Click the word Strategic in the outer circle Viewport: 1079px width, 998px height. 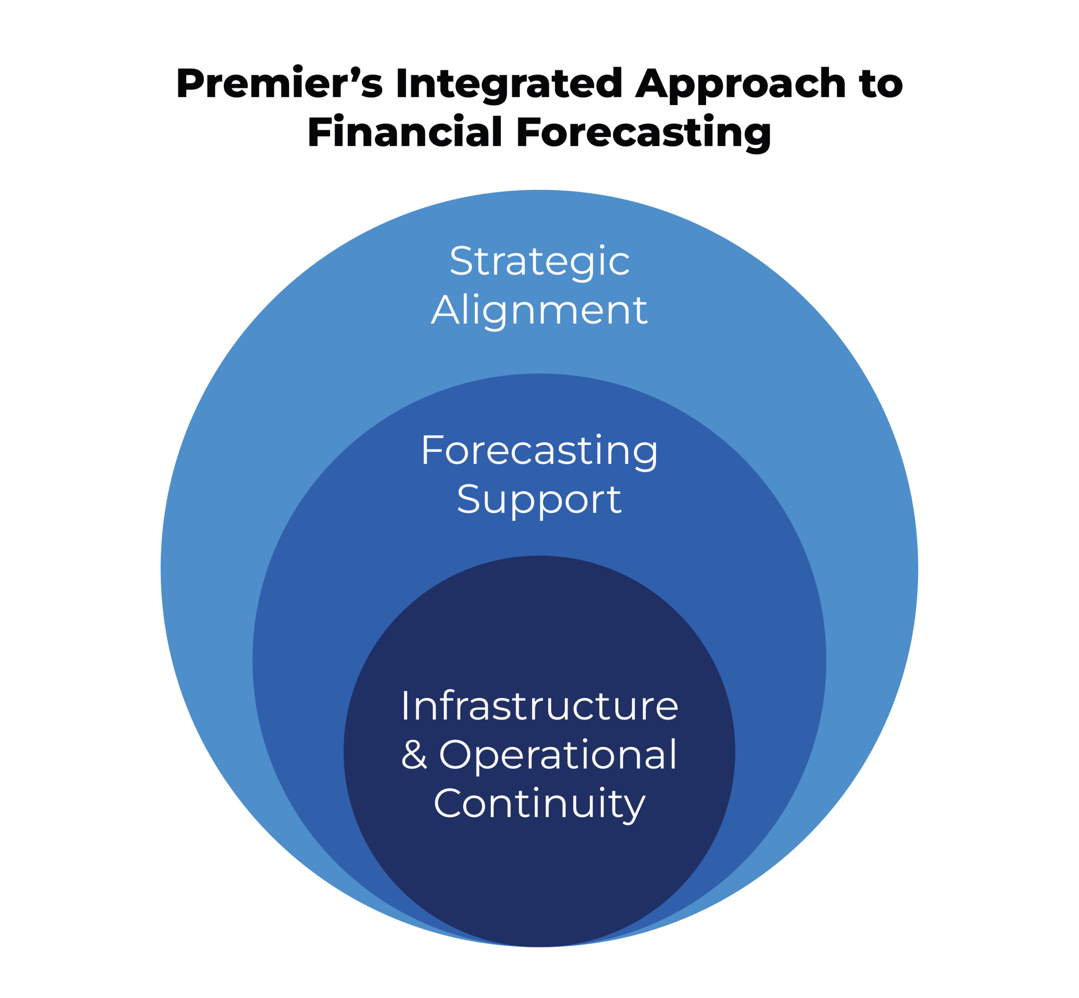pyautogui.click(x=539, y=262)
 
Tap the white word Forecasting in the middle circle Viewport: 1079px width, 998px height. pyautogui.click(x=539, y=451)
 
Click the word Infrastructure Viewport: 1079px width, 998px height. pyautogui.click(x=539, y=706)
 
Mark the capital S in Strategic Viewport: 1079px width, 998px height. pyautogui.click(x=461, y=262)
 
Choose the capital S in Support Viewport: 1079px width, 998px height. pyautogui.click(x=468, y=499)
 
